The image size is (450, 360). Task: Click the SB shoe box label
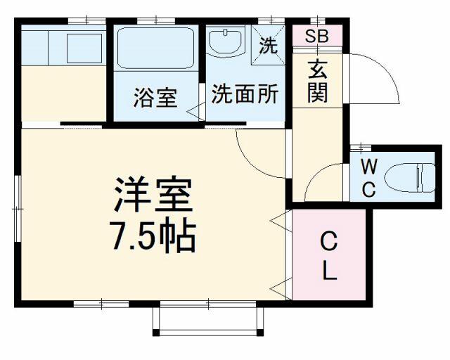click(x=317, y=36)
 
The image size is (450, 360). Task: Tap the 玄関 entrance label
click(x=317, y=82)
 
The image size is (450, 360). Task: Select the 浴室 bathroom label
click(x=155, y=98)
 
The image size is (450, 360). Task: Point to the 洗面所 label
click(x=245, y=94)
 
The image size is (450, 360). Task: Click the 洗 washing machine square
click(x=268, y=45)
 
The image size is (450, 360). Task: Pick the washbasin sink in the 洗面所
click(x=226, y=42)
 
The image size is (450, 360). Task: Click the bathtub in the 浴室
click(x=155, y=48)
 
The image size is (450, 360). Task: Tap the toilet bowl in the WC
click(x=411, y=178)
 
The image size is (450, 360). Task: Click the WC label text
click(x=368, y=178)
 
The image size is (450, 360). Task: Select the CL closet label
click(x=329, y=255)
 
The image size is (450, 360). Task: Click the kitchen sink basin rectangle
click(x=84, y=49)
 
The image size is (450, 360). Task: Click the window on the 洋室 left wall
click(x=18, y=209)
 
